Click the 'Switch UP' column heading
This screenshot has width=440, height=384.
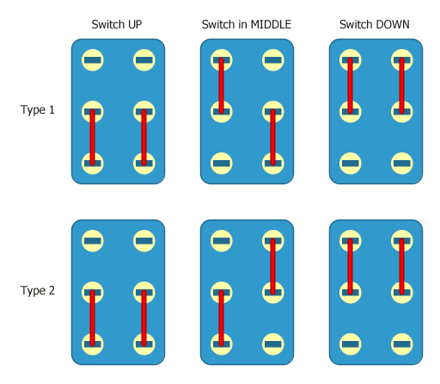click(x=117, y=24)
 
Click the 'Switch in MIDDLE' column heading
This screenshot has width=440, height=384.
click(x=247, y=24)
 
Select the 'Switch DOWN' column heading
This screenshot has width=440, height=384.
click(x=375, y=24)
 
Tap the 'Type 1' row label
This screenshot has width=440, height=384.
click(x=37, y=109)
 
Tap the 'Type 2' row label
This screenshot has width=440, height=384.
click(x=37, y=290)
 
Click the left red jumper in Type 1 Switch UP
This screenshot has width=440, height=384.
click(x=93, y=136)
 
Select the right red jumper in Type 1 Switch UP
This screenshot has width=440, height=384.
click(x=144, y=136)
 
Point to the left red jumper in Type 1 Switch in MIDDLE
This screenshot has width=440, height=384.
click(x=222, y=85)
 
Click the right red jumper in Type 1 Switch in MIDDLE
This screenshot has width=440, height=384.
click(x=273, y=136)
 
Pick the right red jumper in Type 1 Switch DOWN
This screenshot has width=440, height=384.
click(x=401, y=85)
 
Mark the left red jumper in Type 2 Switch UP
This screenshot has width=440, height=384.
click(x=93, y=318)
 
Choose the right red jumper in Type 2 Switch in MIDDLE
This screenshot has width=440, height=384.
click(x=273, y=267)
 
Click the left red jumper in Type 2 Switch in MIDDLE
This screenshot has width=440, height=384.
click(x=222, y=318)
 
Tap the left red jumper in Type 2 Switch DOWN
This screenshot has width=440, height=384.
click(x=350, y=267)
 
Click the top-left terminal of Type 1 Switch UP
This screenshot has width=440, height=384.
click(x=93, y=60)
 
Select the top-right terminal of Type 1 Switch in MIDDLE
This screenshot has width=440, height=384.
click(x=273, y=60)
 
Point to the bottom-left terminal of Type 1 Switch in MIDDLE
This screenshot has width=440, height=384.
click(x=222, y=161)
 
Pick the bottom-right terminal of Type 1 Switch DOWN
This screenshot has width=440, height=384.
click(x=401, y=161)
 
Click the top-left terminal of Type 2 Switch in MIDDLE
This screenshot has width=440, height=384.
click(x=222, y=241)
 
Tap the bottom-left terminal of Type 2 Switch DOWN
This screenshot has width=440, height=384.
click(x=350, y=343)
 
